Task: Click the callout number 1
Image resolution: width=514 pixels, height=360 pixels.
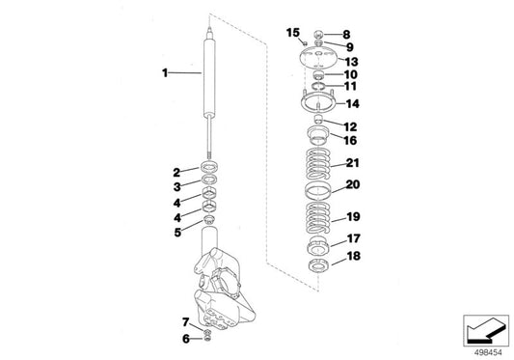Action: [x=165, y=71]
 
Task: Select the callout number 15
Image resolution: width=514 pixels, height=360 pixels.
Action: [x=293, y=33]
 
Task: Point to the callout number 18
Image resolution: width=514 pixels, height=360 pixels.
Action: [x=353, y=257]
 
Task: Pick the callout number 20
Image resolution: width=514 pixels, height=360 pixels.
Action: [x=352, y=184]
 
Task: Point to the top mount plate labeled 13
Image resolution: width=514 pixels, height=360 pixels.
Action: [x=317, y=56]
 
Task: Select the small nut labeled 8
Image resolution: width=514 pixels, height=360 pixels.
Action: [x=319, y=36]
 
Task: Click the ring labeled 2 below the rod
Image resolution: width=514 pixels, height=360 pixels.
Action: [x=208, y=171]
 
